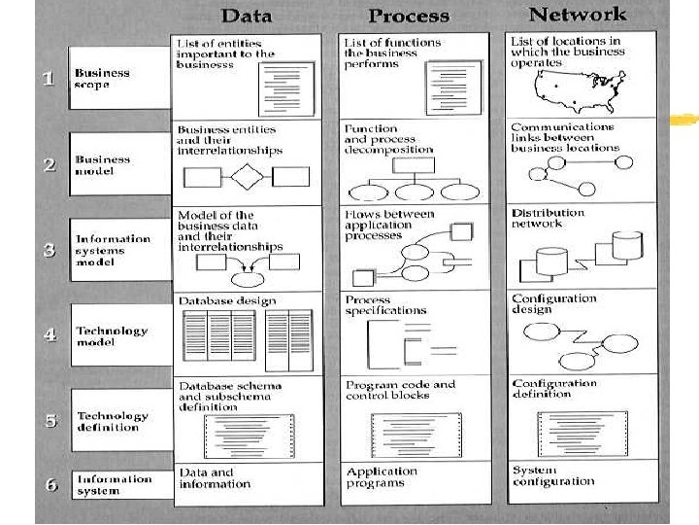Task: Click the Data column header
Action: pos(247,16)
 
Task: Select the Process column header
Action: pos(409,16)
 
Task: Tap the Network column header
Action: pos(577,15)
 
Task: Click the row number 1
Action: pos(50,79)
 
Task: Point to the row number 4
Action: pos(50,334)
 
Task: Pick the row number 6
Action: pos(50,483)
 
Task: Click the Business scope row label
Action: pos(102,79)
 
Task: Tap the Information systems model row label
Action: pos(114,250)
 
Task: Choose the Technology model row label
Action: pos(112,336)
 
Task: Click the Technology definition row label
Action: pos(113,421)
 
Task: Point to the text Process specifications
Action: pos(385,305)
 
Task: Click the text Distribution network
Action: pos(548,218)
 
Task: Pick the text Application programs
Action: pos(382,477)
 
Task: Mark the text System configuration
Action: pos(552,475)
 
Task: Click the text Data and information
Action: pos(215,478)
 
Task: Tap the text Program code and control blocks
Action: pos(400,390)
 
